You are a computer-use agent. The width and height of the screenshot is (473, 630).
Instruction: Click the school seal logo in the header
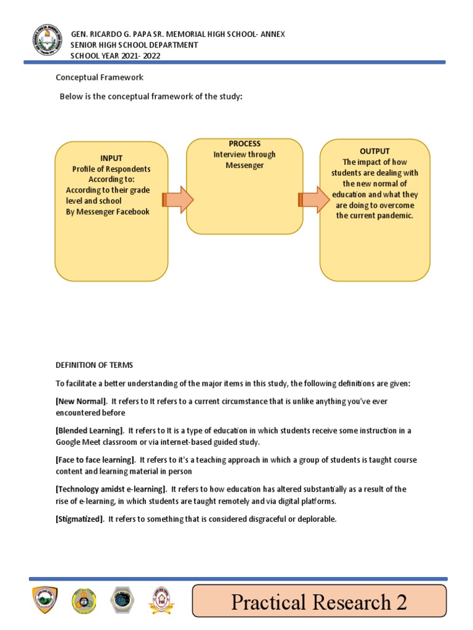click(x=47, y=41)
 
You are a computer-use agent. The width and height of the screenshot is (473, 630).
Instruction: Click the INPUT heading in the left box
click(x=111, y=158)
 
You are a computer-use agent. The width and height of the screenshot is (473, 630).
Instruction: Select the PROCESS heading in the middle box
click(x=245, y=144)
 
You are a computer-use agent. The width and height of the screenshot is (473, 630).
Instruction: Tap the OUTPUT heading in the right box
click(x=374, y=151)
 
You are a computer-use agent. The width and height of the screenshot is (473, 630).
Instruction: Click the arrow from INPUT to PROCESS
click(x=179, y=200)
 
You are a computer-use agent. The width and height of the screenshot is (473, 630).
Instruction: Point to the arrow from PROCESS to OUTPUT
click(x=313, y=200)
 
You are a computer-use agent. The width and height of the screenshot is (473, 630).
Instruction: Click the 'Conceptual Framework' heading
click(x=99, y=78)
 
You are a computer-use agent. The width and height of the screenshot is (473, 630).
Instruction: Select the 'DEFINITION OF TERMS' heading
click(x=94, y=365)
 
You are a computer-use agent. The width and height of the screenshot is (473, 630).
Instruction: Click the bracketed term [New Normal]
click(x=81, y=401)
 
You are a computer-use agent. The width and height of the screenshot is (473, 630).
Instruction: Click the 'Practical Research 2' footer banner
click(x=319, y=602)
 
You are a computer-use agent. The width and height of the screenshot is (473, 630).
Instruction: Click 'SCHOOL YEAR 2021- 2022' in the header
click(x=116, y=55)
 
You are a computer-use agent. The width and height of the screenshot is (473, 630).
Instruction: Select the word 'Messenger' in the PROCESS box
click(x=245, y=165)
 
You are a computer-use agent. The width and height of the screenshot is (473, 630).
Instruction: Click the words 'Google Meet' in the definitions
click(x=77, y=442)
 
